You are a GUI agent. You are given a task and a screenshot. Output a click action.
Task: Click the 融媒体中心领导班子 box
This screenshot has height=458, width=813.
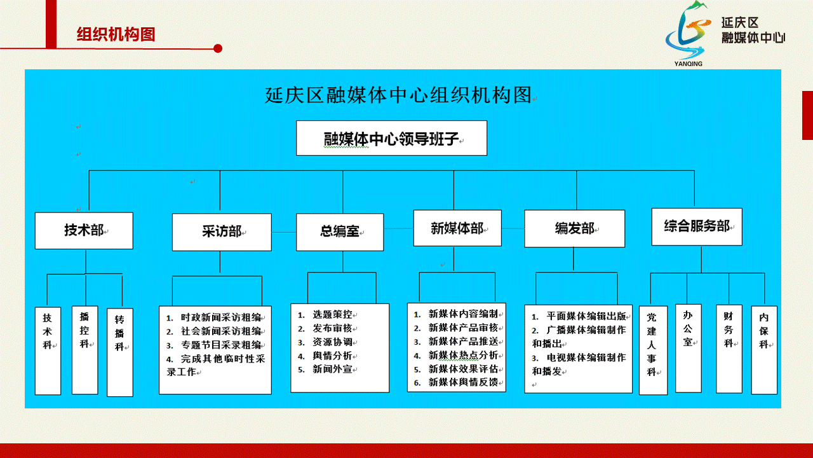[x=392, y=138]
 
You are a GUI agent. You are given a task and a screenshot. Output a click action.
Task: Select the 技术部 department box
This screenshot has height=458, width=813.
[x=84, y=231]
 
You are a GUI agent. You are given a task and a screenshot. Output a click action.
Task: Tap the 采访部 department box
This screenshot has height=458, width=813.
[x=222, y=232]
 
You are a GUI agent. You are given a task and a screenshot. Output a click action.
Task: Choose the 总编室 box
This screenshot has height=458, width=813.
[x=340, y=232]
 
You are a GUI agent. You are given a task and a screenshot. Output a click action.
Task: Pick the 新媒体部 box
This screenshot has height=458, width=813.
[x=457, y=228]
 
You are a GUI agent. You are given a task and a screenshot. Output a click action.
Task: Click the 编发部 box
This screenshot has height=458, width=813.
[x=575, y=228]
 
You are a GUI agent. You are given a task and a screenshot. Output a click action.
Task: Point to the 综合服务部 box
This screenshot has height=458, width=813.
[x=697, y=227]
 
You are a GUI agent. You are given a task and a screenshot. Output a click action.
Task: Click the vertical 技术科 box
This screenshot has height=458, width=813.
[x=48, y=350]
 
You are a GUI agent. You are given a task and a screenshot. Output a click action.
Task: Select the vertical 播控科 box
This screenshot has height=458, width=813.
[x=85, y=350]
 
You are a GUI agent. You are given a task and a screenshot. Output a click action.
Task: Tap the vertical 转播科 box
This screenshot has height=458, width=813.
[x=120, y=352]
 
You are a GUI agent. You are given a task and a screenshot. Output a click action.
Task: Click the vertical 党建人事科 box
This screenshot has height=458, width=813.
[x=654, y=350]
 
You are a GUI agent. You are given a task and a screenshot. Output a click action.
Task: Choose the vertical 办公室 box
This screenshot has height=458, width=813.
[x=688, y=349]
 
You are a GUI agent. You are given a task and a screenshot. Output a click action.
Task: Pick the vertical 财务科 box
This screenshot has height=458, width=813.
[x=729, y=349]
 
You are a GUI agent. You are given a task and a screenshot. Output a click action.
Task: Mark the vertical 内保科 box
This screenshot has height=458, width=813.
[x=764, y=350]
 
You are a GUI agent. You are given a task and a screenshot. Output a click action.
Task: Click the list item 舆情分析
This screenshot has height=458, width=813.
[x=332, y=356]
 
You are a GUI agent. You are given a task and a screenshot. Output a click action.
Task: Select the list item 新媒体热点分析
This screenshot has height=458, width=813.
[x=463, y=355]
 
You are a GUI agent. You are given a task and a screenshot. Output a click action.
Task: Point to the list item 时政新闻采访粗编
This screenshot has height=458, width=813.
[x=220, y=317]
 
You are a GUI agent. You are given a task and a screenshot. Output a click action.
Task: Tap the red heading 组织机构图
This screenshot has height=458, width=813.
[x=116, y=34]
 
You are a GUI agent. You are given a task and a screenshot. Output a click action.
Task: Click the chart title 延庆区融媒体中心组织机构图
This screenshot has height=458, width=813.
[x=398, y=95]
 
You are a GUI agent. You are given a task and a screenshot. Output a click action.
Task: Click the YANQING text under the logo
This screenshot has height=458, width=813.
[x=688, y=64]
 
